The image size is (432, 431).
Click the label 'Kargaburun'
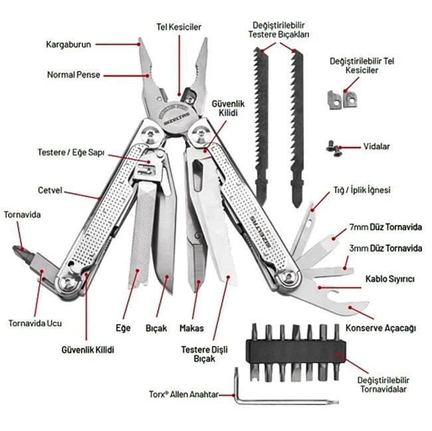tap(69, 44)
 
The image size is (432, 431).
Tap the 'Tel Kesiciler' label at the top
tap(179, 27)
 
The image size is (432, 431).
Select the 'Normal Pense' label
tap(73, 75)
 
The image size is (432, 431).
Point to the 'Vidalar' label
tap(377, 146)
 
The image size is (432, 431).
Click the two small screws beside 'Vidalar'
tap(332, 145)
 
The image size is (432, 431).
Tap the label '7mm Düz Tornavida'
tap(385, 228)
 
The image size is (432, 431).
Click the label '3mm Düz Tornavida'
tap(385, 248)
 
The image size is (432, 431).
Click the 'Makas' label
tap(191, 328)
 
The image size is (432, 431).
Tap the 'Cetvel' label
tap(50, 190)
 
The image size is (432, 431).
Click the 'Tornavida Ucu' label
tap(35, 323)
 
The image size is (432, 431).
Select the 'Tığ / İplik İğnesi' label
tap(362, 190)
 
